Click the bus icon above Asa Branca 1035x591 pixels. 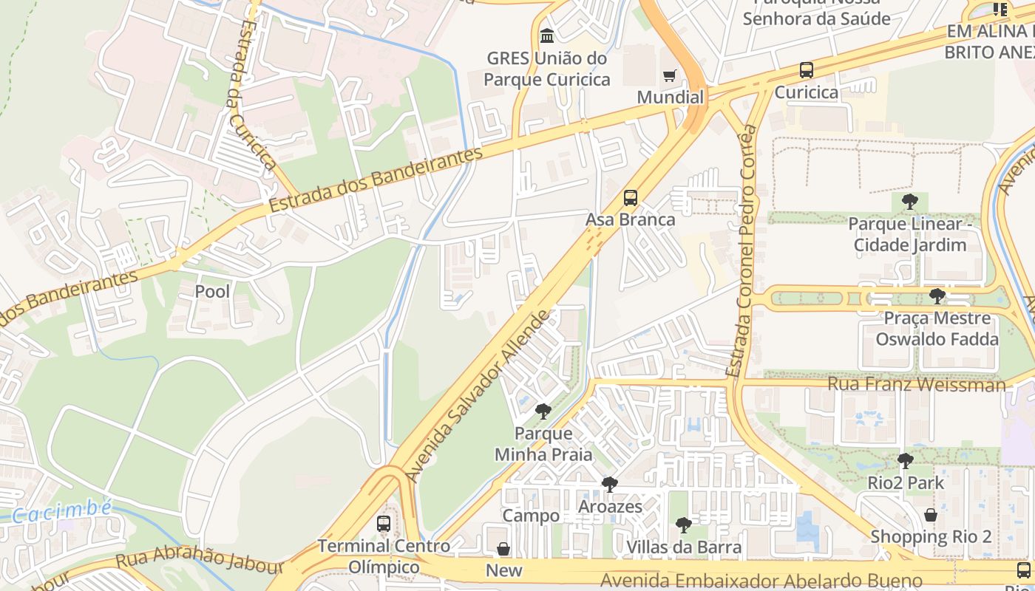point(630,198)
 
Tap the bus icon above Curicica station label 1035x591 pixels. point(806,71)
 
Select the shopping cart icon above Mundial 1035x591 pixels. point(669,75)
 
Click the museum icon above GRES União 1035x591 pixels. point(547,35)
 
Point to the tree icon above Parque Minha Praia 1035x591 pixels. point(543,411)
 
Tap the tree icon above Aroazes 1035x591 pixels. point(609,485)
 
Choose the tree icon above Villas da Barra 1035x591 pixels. point(684,525)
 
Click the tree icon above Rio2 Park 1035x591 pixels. point(905,461)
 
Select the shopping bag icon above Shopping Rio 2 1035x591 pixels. point(930,515)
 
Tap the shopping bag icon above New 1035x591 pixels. point(503,549)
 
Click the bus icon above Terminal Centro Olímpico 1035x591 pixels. point(383,524)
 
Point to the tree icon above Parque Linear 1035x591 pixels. point(909,201)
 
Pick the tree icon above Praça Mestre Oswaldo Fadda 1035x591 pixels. point(937,296)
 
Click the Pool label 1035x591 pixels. point(212,292)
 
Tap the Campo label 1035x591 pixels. point(531,516)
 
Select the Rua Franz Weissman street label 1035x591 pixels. point(916,384)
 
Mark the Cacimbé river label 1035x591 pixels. point(62,511)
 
